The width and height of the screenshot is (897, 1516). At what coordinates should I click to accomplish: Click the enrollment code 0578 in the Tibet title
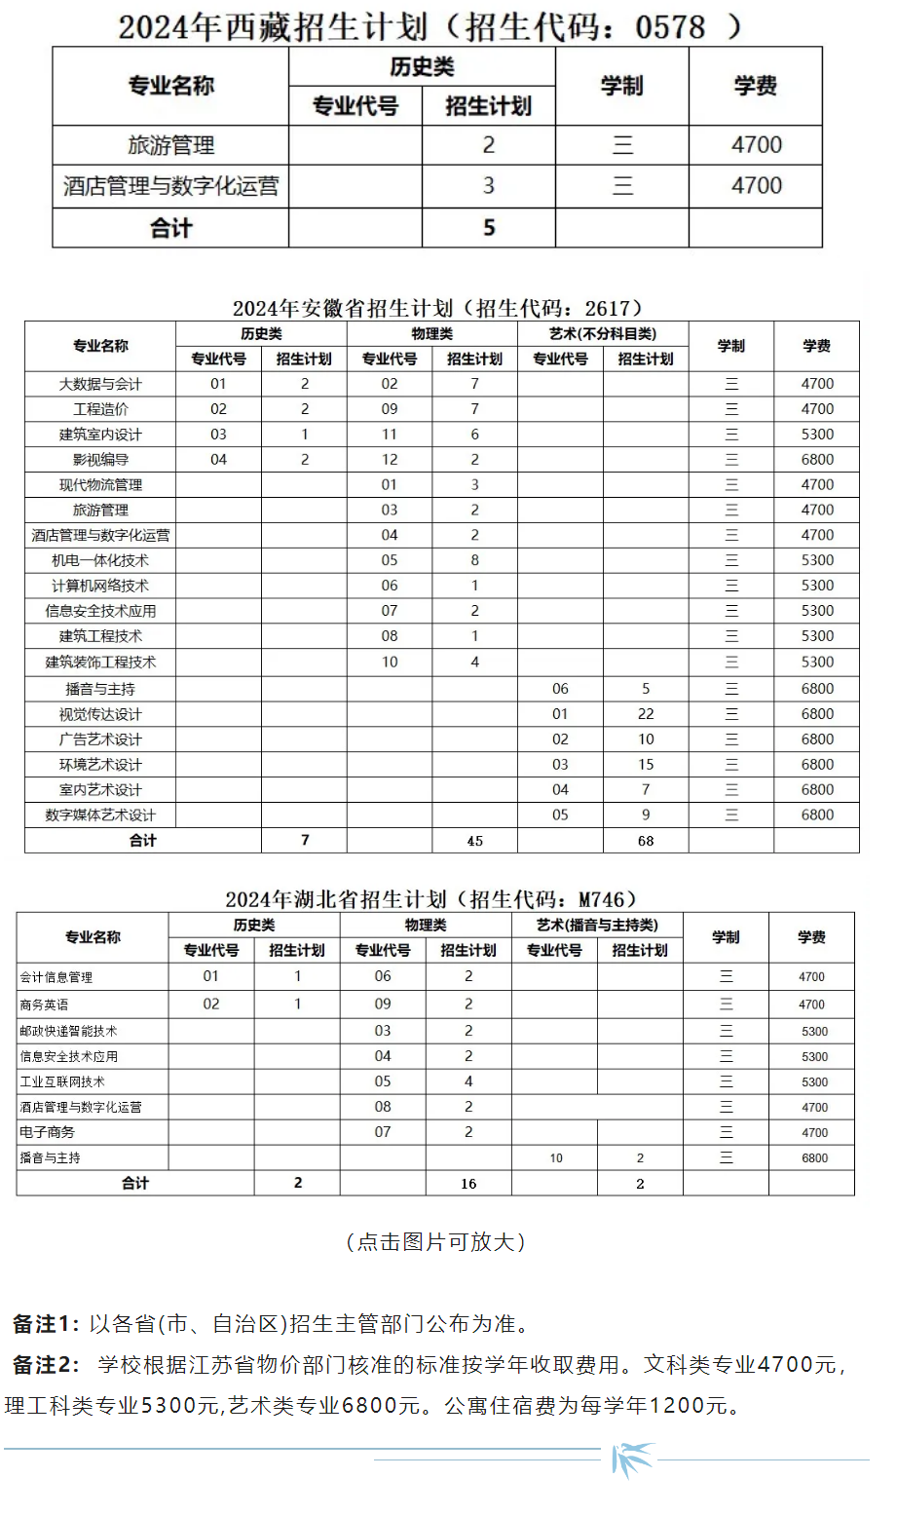coord(670,26)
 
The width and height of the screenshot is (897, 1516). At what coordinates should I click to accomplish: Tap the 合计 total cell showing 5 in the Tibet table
coord(489,228)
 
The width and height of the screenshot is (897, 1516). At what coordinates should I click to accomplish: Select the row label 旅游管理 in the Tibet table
coord(170,145)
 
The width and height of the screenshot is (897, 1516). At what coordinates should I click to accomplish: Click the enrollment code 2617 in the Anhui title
coord(608,308)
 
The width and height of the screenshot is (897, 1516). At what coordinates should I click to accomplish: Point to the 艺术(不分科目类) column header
coord(603,334)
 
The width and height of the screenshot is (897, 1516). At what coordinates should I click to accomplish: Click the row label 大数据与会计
coord(100,384)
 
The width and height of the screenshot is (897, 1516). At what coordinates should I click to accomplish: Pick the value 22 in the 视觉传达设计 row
coord(646,714)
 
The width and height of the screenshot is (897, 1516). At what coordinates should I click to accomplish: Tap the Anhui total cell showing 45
coord(475,841)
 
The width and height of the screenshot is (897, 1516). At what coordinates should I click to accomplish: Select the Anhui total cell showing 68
coord(646,841)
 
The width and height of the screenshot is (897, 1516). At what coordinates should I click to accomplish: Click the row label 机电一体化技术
coord(100,560)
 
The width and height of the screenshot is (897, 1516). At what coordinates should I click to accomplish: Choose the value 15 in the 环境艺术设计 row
coord(646,765)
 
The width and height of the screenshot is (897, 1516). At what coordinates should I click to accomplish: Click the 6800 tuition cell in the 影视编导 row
coord(817,460)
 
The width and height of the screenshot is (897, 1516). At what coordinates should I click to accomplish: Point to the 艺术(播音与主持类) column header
coord(597,926)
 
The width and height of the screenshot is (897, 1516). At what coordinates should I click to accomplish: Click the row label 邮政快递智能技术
coord(68,1031)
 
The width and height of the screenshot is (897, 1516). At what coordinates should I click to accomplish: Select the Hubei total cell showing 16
coord(468,1184)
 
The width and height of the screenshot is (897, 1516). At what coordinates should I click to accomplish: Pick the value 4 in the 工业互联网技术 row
coord(468,1081)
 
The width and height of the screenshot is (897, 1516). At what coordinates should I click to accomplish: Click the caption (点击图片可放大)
coord(436,1241)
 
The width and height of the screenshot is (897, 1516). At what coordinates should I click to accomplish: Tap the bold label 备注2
coord(45,1365)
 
